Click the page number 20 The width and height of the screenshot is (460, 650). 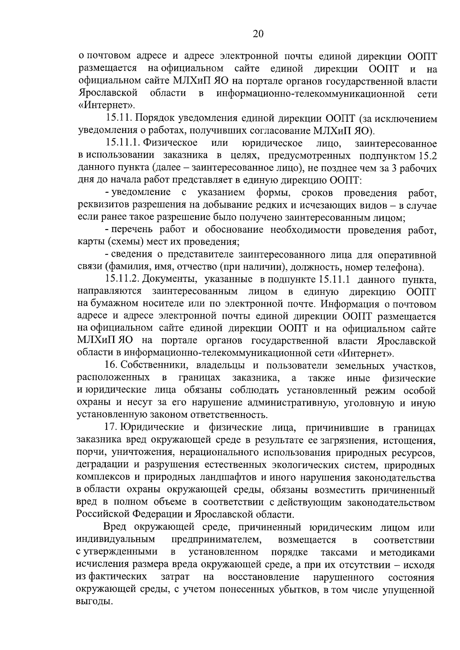pyautogui.click(x=258, y=34)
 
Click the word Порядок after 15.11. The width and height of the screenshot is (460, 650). pyautogui.click(x=153, y=119)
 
